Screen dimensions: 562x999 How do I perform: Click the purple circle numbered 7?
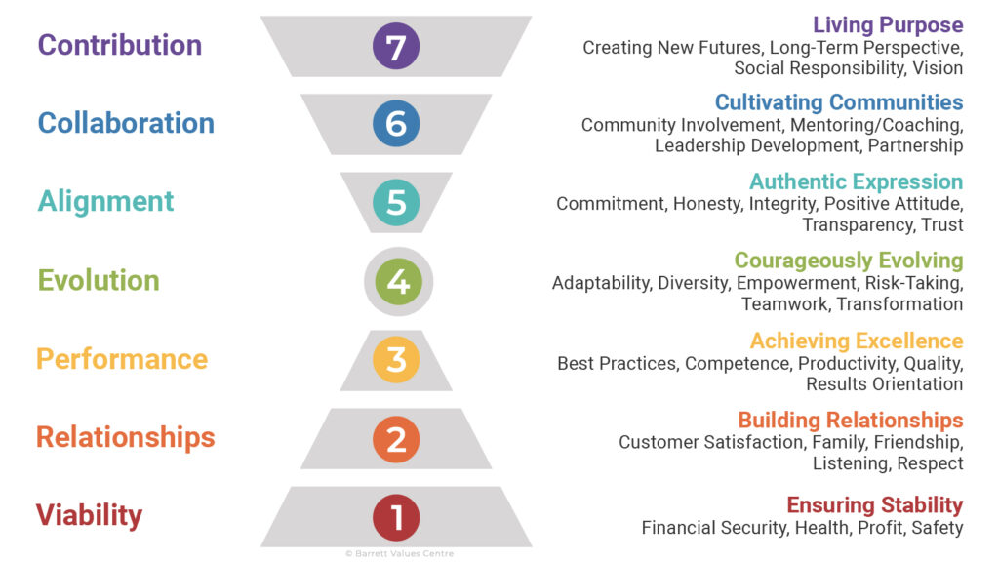pyautogui.click(x=396, y=46)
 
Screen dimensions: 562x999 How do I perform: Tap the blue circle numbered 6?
pyautogui.click(x=396, y=124)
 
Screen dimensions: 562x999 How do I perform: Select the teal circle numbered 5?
pyautogui.click(x=396, y=202)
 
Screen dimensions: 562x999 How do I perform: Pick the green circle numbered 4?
pyautogui.click(x=398, y=281)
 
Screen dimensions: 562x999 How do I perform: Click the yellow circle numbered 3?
pyautogui.click(x=396, y=359)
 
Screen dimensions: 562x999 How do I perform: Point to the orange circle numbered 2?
pyautogui.click(x=396, y=438)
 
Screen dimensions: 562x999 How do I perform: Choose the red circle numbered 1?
pyautogui.click(x=396, y=516)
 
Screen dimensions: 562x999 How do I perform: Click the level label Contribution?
pyautogui.click(x=120, y=45)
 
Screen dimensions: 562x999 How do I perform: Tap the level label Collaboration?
pyautogui.click(x=126, y=123)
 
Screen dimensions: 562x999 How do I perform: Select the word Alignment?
pyautogui.click(x=105, y=202)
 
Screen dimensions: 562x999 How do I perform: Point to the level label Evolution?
pyautogui.click(x=99, y=281)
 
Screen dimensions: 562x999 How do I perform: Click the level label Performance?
pyautogui.click(x=122, y=359)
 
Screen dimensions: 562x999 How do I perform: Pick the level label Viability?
pyautogui.click(x=90, y=516)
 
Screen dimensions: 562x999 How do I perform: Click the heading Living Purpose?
pyautogui.click(x=888, y=25)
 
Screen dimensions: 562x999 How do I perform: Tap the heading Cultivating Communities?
pyautogui.click(x=839, y=102)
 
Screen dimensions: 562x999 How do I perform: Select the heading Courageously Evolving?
pyautogui.click(x=849, y=261)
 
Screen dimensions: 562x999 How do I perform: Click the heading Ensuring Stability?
pyautogui.click(x=875, y=505)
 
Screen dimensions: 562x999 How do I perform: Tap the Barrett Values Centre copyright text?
pyautogui.click(x=399, y=553)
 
